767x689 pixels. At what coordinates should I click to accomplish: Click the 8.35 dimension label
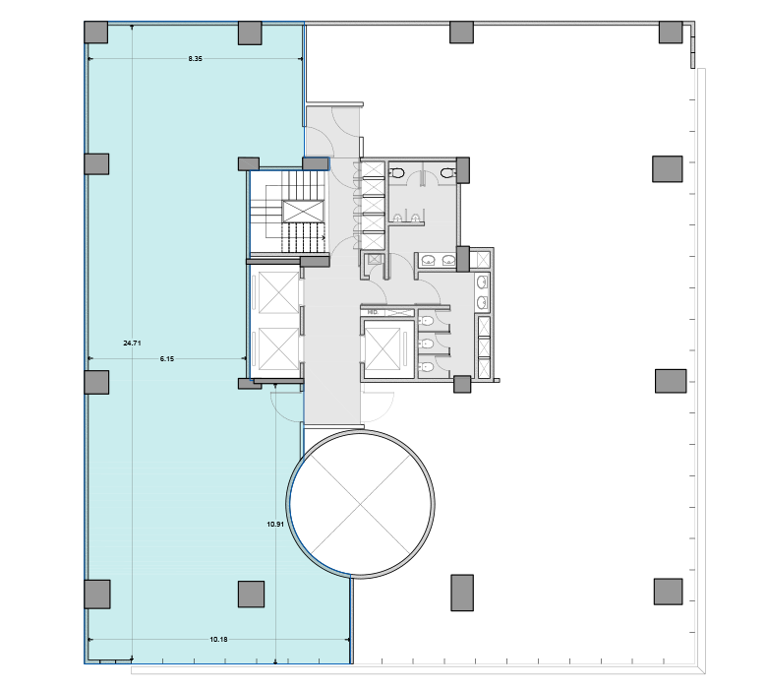click(195, 59)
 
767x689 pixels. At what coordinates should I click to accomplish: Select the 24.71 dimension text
click(132, 343)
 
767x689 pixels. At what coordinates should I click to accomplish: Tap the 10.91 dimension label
click(275, 524)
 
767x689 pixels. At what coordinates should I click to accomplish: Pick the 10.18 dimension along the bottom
click(219, 640)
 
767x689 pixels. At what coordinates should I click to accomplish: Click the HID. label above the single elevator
click(373, 312)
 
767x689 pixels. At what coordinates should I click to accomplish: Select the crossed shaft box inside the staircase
click(303, 211)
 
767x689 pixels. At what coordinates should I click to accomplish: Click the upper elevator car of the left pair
click(276, 292)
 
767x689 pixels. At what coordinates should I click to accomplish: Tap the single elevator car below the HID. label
click(383, 346)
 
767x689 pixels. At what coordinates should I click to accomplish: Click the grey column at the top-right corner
click(670, 31)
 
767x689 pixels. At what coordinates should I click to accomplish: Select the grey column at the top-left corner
click(95, 31)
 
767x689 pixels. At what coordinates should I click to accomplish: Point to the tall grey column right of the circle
click(463, 591)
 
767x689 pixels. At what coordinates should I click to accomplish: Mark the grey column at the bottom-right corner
click(669, 591)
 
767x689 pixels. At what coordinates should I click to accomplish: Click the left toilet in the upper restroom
click(397, 173)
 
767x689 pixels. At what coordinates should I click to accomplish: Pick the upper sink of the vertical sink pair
click(482, 282)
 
